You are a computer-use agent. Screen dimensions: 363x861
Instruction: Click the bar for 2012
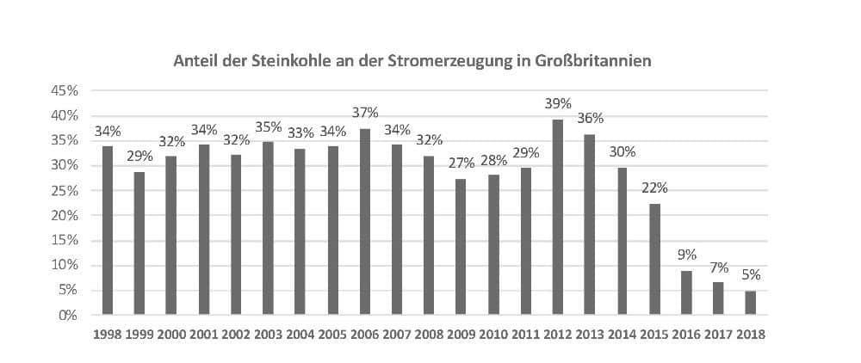558,217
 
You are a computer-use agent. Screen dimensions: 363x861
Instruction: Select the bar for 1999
139,243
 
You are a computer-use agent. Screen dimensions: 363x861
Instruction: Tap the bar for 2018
751,303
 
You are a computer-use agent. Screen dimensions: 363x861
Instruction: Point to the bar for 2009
461,247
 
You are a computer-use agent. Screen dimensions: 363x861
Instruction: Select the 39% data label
559,104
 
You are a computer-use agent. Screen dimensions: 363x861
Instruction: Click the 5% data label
752,276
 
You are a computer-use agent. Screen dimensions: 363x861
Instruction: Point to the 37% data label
366,114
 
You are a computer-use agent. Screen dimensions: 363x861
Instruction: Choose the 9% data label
687,255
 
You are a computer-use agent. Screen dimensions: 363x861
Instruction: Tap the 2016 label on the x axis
686,335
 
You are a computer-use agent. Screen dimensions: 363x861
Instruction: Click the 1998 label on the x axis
108,335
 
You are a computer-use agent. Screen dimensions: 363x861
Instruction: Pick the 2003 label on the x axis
269,335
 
